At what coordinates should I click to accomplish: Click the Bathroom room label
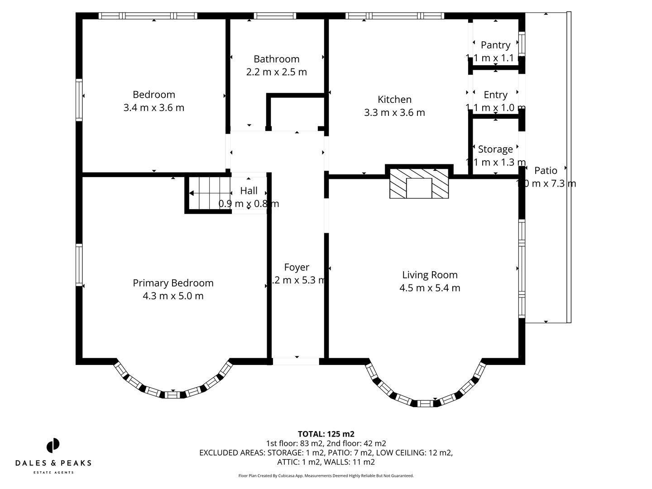pos(276,59)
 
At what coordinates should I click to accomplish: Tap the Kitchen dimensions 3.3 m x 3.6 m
pos(394,113)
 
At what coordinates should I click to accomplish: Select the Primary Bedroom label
pos(173,283)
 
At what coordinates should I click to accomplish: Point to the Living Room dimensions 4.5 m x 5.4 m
pos(430,288)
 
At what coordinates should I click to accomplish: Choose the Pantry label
pos(495,45)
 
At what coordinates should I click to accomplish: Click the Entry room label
pos(495,95)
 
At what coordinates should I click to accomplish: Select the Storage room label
pos(495,149)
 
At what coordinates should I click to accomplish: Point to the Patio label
pos(546,170)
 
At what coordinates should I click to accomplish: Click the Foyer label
pos(297,267)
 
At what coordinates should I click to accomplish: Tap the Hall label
pos(249,191)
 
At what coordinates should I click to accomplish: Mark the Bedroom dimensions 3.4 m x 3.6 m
pos(154,108)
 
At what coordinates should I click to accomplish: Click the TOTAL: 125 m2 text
pos(326,434)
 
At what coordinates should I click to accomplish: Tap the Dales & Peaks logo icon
pos(53,446)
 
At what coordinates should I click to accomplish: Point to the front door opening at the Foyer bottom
pos(296,361)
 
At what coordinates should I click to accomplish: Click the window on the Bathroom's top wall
pos(275,16)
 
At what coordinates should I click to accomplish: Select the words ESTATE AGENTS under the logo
pos(53,472)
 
